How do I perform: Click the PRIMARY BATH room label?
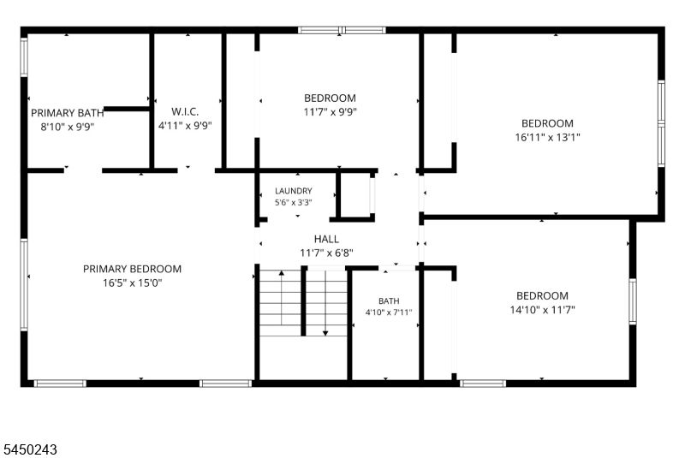(68, 113)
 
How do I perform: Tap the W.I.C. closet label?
(185, 111)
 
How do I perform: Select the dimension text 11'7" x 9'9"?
(331, 112)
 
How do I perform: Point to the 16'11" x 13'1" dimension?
(547, 137)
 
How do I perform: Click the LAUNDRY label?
(294, 191)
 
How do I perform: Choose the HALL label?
(326, 239)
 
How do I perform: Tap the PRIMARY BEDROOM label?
(133, 269)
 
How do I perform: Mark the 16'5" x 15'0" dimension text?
(133, 283)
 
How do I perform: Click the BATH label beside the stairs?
(389, 300)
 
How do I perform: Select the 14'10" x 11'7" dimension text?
(543, 310)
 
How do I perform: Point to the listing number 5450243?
(31, 449)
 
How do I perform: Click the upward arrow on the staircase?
(282, 298)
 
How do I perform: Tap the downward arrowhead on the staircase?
(325, 333)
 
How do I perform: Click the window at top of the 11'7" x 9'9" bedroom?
(342, 30)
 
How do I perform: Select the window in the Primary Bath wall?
(24, 57)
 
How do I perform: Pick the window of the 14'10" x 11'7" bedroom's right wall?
(633, 301)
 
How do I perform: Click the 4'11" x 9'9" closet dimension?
(185, 126)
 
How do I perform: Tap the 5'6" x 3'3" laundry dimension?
(294, 203)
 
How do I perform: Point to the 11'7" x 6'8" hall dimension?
(326, 253)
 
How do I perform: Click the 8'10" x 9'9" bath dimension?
(68, 127)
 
